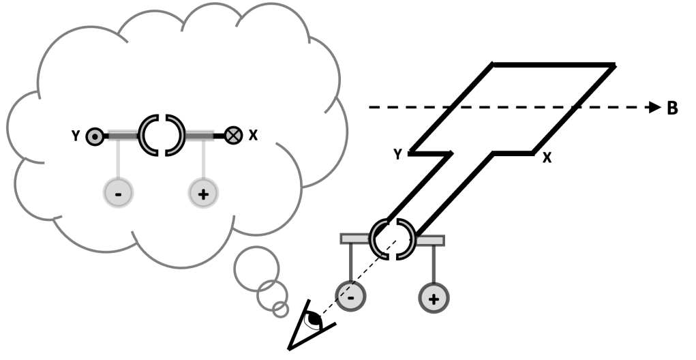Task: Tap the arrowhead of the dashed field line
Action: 654,108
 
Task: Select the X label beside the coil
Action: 547,158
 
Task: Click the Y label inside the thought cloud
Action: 76,136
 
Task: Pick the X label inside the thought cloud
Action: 253,135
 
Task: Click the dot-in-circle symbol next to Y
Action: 94,136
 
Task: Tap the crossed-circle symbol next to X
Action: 234,135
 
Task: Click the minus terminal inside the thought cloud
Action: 119,194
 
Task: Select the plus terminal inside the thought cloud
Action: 202,194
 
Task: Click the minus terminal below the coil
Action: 350,297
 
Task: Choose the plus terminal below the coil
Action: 434,297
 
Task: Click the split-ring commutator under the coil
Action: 392,239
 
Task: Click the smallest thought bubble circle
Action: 280,310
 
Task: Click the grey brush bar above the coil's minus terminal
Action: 354,239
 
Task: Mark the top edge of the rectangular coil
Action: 554,65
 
